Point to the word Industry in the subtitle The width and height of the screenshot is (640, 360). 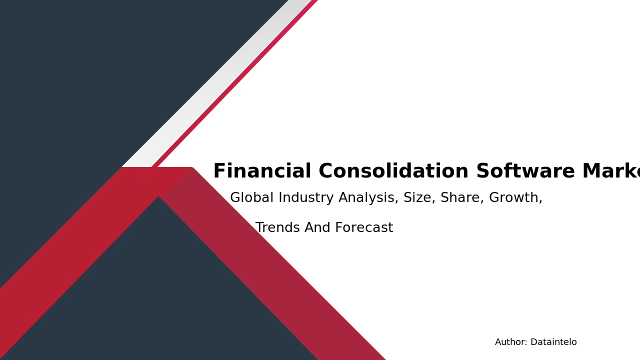pos(306,198)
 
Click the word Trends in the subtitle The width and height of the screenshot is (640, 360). pos(277,228)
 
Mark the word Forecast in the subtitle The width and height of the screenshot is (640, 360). pos(364,228)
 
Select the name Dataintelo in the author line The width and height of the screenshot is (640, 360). pos(553,342)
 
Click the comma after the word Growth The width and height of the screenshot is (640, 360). pos(540,201)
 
